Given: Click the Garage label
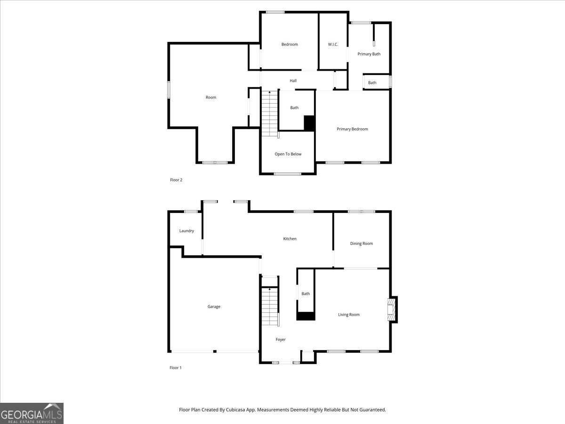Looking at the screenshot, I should [x=214, y=307].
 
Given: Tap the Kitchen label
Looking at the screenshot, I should [x=290, y=239].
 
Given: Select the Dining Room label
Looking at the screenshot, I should [x=361, y=244].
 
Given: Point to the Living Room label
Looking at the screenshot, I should [x=348, y=315].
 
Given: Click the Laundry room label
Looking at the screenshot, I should [x=186, y=231].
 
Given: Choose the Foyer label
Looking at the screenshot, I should [x=281, y=340].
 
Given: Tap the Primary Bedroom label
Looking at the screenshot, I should [x=352, y=129].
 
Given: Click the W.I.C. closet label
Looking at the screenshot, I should [x=333, y=45].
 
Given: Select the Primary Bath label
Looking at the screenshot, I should [x=369, y=54].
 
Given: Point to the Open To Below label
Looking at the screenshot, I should [x=288, y=154].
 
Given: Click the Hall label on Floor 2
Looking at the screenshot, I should [x=293, y=81].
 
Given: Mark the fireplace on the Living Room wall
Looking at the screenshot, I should [x=391, y=310].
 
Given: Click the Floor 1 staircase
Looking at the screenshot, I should [x=270, y=307].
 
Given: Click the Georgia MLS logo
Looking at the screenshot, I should [x=32, y=413].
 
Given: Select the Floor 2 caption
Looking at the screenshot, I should [x=176, y=180].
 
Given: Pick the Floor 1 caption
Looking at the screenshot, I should [x=175, y=368].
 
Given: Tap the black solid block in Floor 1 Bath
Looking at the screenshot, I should [x=306, y=316].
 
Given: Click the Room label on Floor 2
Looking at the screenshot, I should [x=210, y=98].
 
